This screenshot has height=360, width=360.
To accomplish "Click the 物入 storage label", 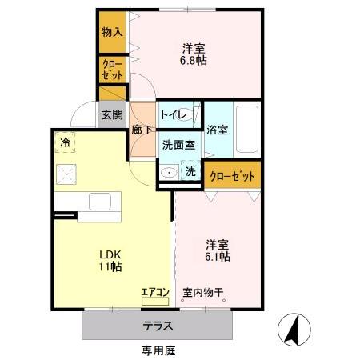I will [x=111, y=32].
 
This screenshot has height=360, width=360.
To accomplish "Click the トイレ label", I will [x=174, y=115].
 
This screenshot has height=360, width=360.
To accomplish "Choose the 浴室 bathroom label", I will [x=218, y=130].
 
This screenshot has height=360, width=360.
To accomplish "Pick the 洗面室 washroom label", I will [x=178, y=145].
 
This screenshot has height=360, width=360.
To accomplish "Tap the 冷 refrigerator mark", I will [x=64, y=143].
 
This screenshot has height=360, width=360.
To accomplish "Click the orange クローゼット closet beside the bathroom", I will [x=232, y=176].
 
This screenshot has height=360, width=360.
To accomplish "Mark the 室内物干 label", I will [x=202, y=292].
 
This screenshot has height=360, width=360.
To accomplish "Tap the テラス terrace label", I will [x=158, y=326].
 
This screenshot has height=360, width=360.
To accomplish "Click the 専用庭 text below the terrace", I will [x=158, y=350].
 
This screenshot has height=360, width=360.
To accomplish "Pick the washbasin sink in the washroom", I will [x=169, y=173].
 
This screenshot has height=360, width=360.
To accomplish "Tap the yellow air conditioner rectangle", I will [x=155, y=302].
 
